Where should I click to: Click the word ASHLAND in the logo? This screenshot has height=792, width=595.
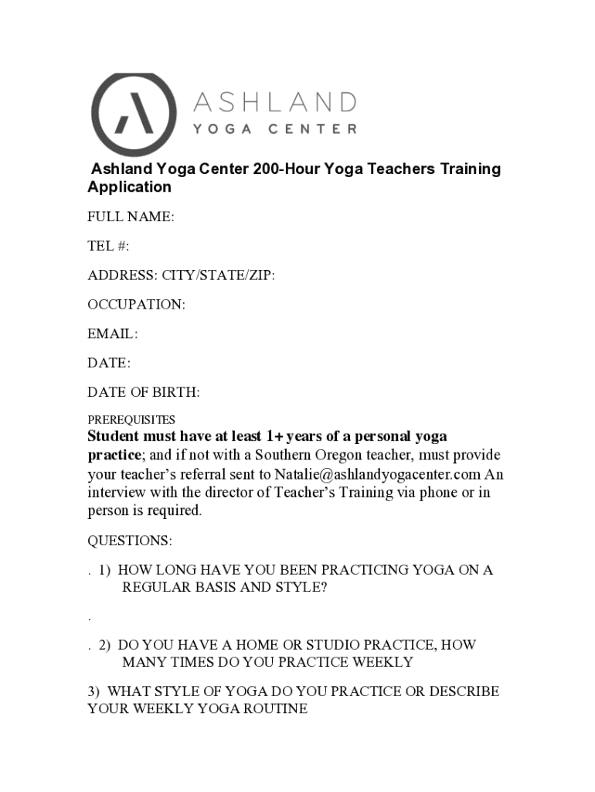pyautogui.click(x=274, y=101)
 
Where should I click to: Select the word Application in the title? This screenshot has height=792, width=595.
pyautogui.click(x=129, y=187)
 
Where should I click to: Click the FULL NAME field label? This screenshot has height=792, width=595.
pyautogui.click(x=131, y=217)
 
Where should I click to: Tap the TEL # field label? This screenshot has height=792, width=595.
pyautogui.click(x=108, y=246)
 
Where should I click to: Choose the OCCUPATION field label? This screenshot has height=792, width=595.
pyautogui.click(x=136, y=305)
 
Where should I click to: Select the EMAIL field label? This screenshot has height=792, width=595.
pyautogui.click(x=112, y=334)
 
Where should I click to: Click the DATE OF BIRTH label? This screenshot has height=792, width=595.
pyautogui.click(x=143, y=392)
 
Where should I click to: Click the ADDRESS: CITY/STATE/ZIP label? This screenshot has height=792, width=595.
pyautogui.click(x=181, y=275)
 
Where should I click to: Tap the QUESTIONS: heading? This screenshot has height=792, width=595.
pyautogui.click(x=130, y=540)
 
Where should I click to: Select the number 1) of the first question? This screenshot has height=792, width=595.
pyautogui.click(x=104, y=570)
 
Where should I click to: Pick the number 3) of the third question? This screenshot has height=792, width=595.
pyautogui.click(x=93, y=691)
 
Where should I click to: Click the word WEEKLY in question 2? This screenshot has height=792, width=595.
pyautogui.click(x=382, y=662)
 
